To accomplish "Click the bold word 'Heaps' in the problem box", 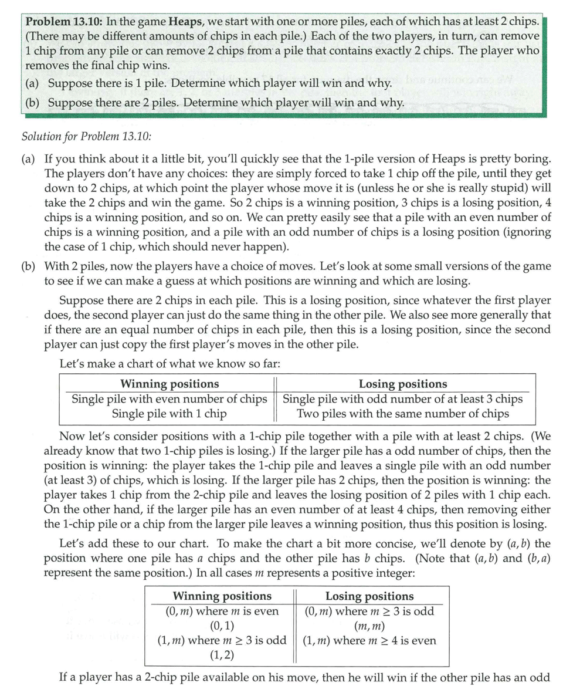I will point(186,22).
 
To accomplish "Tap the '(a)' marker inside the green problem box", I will point(33,83).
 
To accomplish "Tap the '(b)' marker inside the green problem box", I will point(33,103).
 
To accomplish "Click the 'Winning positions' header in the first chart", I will point(169,384).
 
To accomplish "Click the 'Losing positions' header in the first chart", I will point(402,384).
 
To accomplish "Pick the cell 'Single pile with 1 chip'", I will point(169,413).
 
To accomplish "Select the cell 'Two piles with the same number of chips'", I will point(403,413).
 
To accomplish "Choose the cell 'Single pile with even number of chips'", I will point(169,398).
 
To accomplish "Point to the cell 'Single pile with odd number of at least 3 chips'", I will point(403,398).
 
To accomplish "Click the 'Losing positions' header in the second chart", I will point(369,596).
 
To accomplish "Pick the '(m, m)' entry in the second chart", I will point(369,626).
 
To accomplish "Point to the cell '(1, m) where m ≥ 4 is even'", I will point(369,640).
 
